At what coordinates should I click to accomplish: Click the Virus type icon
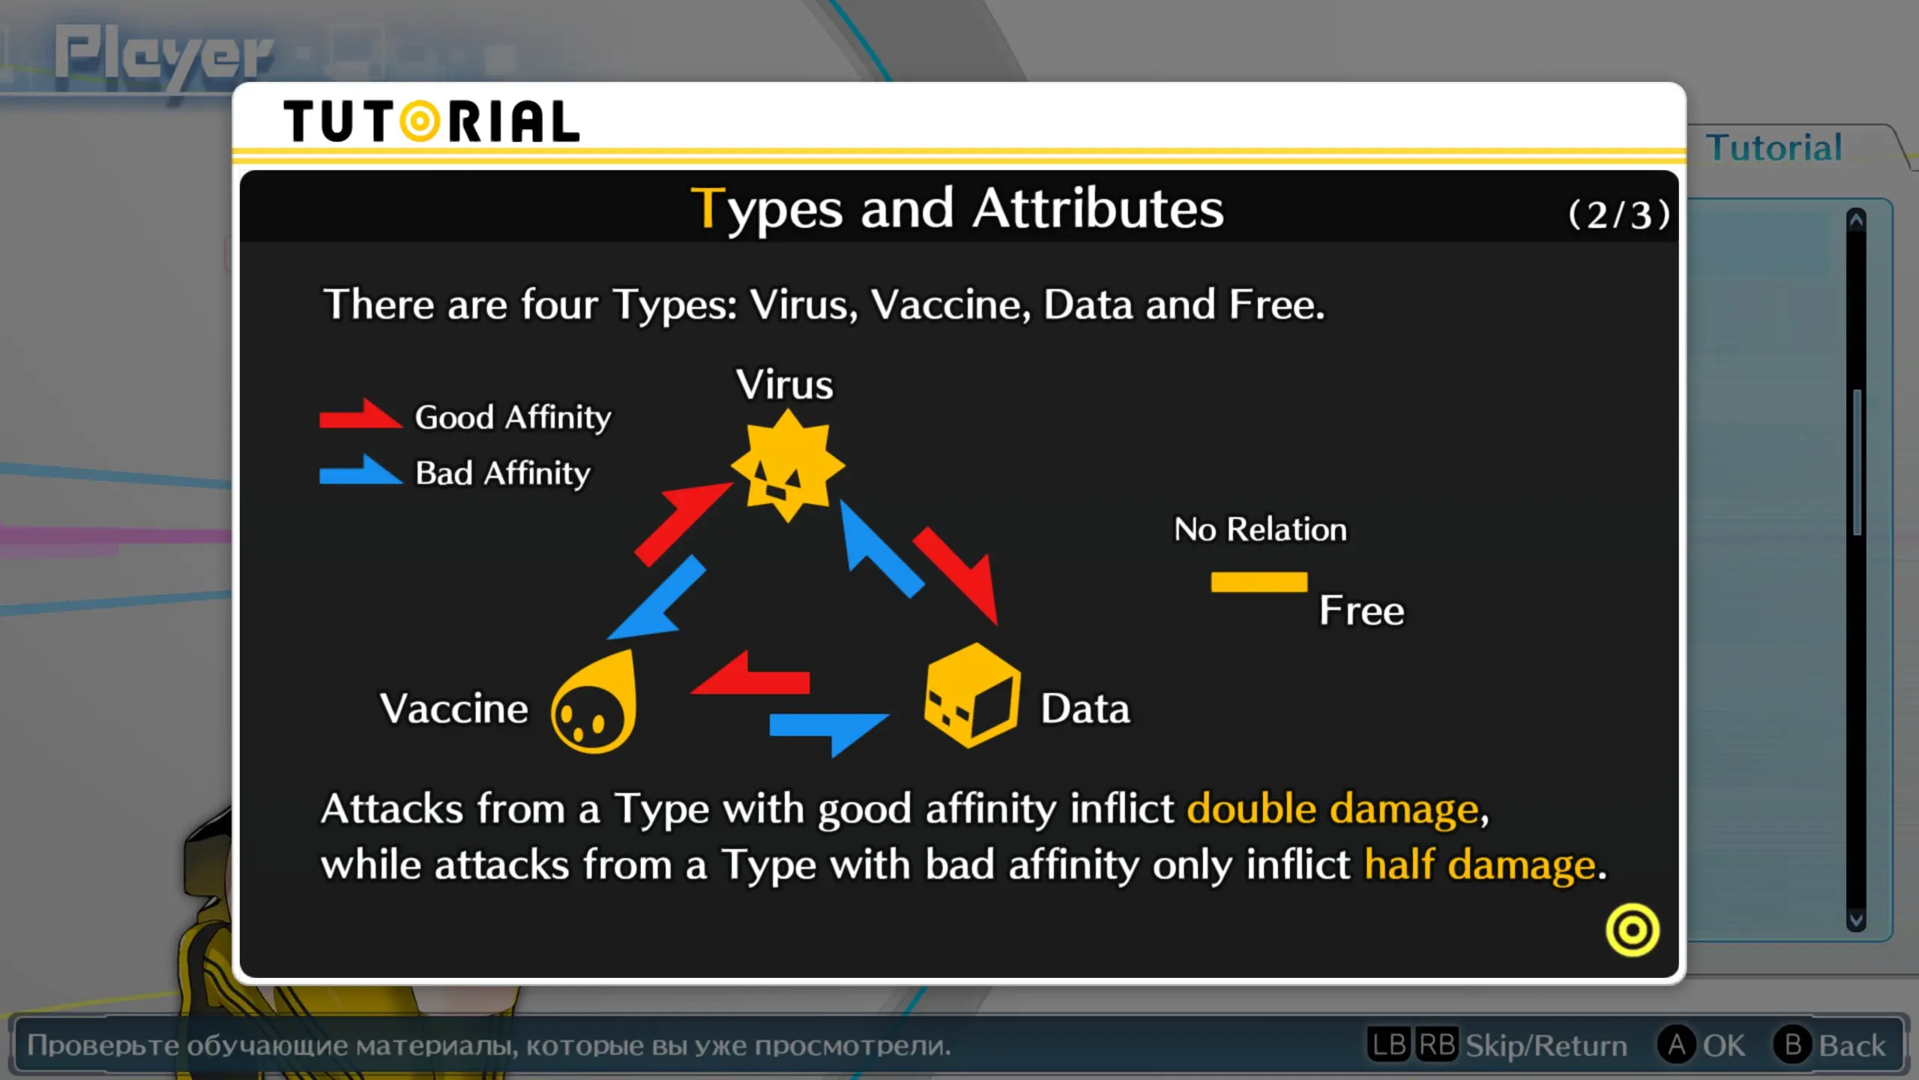pyautogui.click(x=787, y=466)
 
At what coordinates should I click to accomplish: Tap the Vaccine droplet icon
pyautogui.click(x=594, y=703)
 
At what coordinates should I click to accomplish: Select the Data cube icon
pyautogui.click(x=972, y=695)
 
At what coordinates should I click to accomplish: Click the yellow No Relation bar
pyautogui.click(x=1259, y=582)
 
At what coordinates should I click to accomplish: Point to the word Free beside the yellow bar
pyautogui.click(x=1361, y=610)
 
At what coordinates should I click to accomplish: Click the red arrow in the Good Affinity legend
pyautogui.click(x=361, y=414)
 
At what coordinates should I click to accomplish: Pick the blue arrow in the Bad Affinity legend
pyautogui.click(x=361, y=470)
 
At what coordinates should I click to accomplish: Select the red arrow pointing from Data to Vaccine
pyautogui.click(x=750, y=674)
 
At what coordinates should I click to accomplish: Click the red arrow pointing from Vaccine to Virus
pyautogui.click(x=682, y=523)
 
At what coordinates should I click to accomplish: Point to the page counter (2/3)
pyautogui.click(x=1619, y=215)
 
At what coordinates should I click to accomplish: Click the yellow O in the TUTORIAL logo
pyautogui.click(x=420, y=121)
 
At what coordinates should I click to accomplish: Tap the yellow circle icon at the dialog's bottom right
pyautogui.click(x=1633, y=930)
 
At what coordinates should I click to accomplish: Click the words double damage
pyautogui.click(x=1333, y=809)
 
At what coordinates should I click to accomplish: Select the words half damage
pyautogui.click(x=1480, y=865)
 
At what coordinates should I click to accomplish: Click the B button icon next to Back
pyautogui.click(x=1793, y=1045)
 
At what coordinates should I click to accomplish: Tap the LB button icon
pyautogui.click(x=1389, y=1045)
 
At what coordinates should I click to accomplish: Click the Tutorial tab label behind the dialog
pyautogui.click(x=1774, y=147)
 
